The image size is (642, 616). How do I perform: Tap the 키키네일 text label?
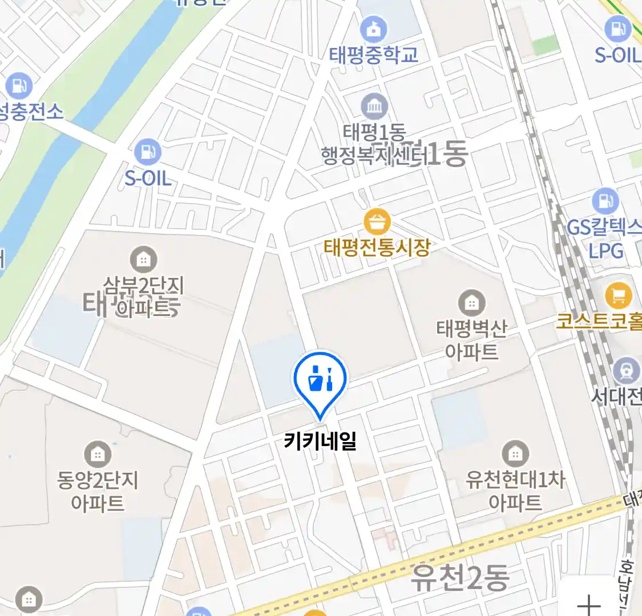(x=320, y=441)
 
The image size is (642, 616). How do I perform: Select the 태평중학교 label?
(x=374, y=55)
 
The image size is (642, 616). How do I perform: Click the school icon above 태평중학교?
(x=374, y=29)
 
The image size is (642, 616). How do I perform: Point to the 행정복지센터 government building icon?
(x=374, y=106)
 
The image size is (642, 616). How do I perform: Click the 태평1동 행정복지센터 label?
(x=374, y=145)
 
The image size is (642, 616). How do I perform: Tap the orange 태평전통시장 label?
(x=377, y=248)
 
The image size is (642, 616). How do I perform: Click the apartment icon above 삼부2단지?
(x=143, y=260)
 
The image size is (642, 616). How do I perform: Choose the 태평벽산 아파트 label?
(x=471, y=340)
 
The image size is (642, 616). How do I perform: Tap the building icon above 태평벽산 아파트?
(x=471, y=303)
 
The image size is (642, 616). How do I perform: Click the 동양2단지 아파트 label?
(x=98, y=492)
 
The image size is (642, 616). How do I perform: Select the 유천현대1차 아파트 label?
(x=515, y=491)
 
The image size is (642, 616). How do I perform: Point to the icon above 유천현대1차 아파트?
(x=515, y=454)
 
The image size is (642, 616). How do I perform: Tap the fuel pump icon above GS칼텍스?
(x=605, y=201)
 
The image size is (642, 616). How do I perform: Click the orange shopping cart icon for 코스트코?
(x=619, y=295)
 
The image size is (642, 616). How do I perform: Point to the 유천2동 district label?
(x=460, y=578)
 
